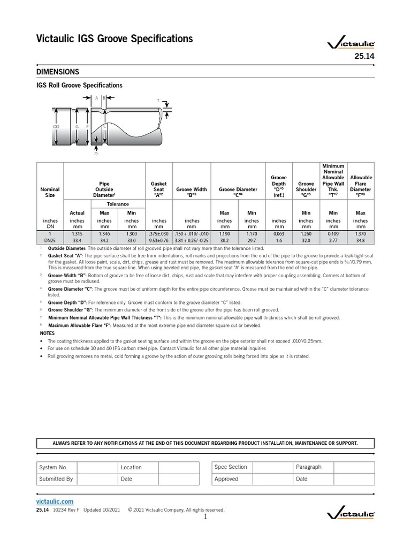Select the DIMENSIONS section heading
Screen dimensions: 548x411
pos(58,72)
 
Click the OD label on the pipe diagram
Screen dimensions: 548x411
pos(56,126)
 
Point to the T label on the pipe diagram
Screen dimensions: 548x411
pos(158,101)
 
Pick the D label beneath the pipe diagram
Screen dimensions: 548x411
pos(96,154)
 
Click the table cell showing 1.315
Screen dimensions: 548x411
pos(77,233)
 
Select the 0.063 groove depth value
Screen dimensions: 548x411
pos(279,233)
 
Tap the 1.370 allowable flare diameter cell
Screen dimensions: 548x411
pos(360,233)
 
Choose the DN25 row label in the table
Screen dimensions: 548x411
pos(50,241)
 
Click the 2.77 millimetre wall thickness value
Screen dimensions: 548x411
pos(333,241)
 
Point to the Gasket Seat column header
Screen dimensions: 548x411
pos(159,189)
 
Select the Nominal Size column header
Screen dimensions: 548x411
pos(50,192)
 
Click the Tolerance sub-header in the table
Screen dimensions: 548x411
pos(118,204)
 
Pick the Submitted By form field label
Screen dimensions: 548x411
pos(56,479)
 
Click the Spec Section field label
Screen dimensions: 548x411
pos(231,467)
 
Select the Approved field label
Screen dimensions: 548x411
pos(226,479)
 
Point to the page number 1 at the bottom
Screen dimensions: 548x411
pos(205,517)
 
